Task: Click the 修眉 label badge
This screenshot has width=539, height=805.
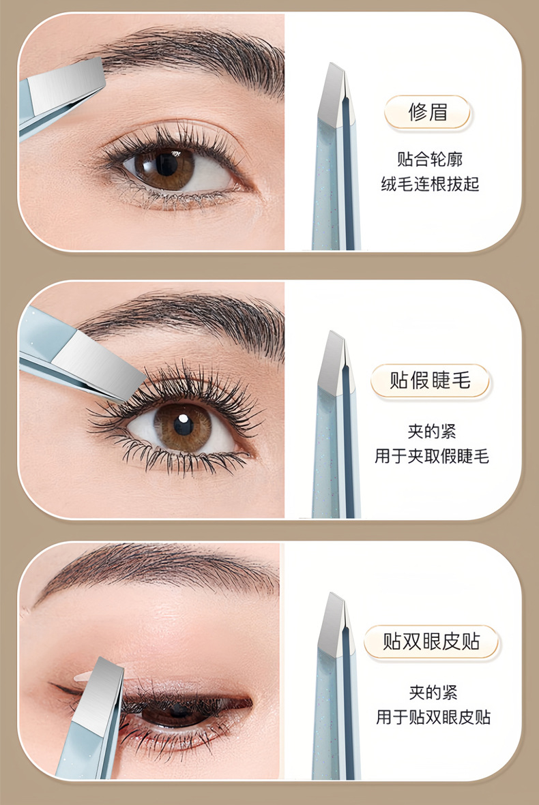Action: [x=428, y=112]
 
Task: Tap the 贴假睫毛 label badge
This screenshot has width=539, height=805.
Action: [x=430, y=380]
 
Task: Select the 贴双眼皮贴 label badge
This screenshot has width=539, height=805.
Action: [x=431, y=641]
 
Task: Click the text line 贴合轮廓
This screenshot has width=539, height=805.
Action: [x=430, y=159]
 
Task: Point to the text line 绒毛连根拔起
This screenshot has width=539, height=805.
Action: [x=430, y=183]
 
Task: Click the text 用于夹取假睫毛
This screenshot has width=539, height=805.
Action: [x=432, y=456]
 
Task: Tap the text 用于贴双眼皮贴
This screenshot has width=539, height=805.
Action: [x=433, y=716]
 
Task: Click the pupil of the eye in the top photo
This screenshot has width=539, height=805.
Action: [x=165, y=164]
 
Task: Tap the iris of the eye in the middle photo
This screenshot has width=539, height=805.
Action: [x=182, y=425]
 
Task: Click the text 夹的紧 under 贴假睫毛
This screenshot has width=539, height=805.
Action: [x=432, y=431]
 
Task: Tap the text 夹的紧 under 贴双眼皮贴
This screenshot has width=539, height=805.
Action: [x=433, y=692]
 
